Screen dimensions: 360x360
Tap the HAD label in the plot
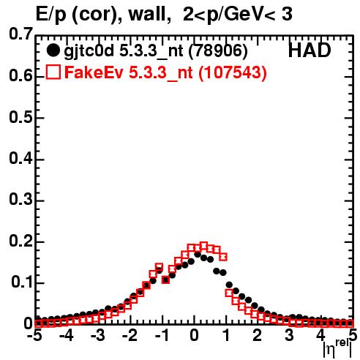(310, 50)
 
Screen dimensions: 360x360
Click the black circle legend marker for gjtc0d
(53, 50)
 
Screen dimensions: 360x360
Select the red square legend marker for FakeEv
(53, 72)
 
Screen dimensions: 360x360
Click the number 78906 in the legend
(218, 50)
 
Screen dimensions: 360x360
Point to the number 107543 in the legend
(232, 72)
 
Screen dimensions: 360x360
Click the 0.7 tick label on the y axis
(20, 34)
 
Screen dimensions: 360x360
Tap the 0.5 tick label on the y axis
(20, 117)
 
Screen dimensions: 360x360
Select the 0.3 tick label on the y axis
(20, 199)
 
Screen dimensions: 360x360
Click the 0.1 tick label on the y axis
(22, 282)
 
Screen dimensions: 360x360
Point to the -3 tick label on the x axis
(97, 335)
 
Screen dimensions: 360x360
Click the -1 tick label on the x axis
(162, 335)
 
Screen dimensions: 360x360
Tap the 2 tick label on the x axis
(258, 335)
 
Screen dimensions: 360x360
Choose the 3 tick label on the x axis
(289, 335)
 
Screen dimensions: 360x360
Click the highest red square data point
(203, 246)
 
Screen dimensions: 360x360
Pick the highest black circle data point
(198, 255)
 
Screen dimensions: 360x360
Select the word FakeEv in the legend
(94, 72)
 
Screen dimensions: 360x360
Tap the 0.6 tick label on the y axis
(20, 76)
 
